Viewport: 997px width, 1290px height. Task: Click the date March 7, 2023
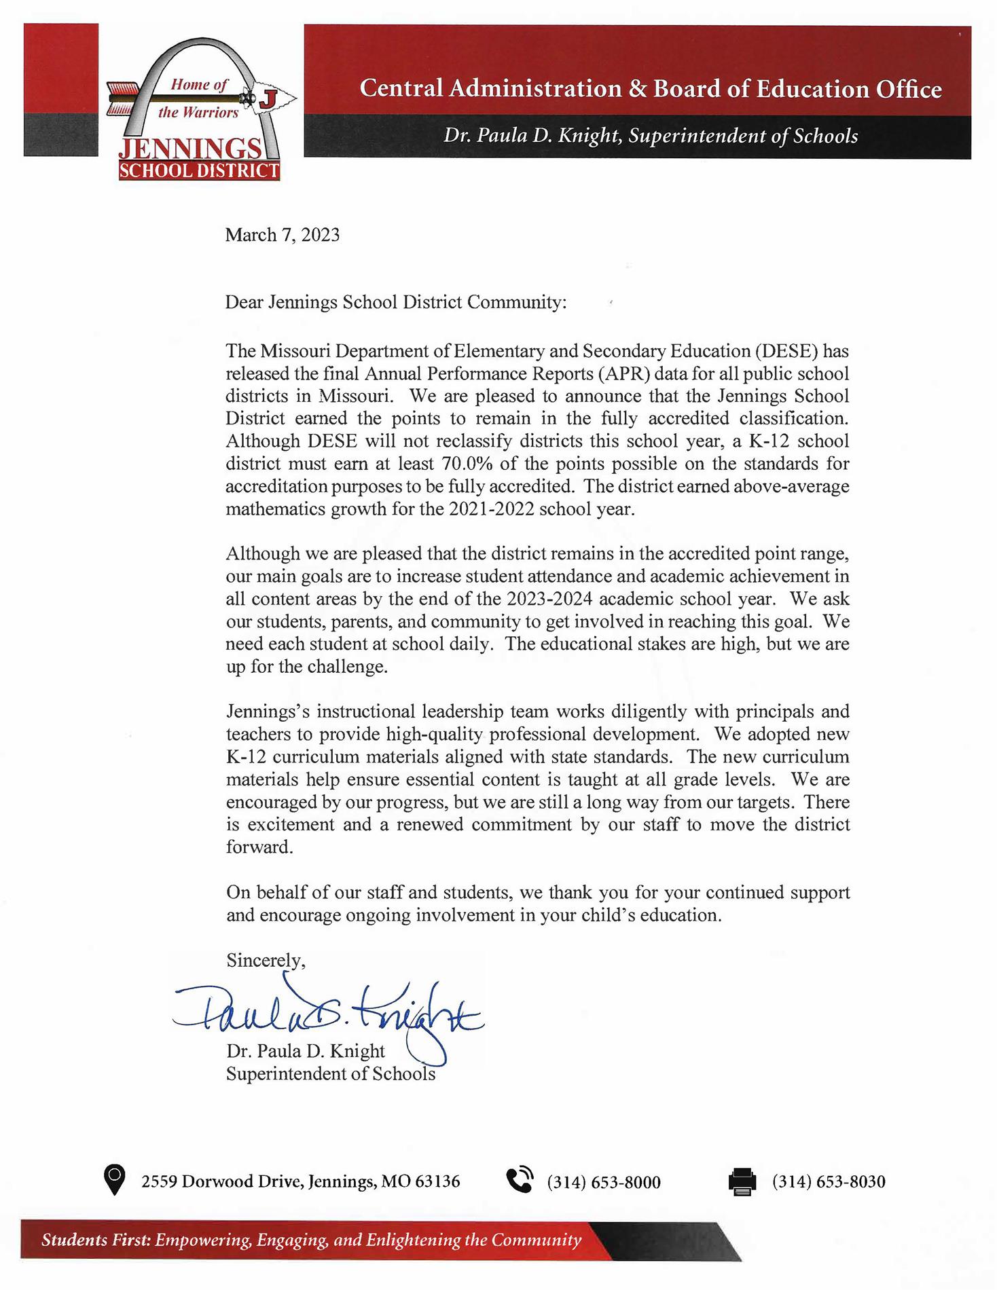click(x=282, y=235)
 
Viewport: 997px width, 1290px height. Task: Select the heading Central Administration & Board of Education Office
click(x=650, y=89)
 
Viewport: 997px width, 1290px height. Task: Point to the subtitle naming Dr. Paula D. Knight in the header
click(x=650, y=136)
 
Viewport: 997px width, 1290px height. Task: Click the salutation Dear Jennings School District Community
click(x=395, y=302)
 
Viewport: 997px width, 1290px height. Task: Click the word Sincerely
click(x=266, y=960)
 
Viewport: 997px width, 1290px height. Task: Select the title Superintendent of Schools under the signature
click(x=330, y=1073)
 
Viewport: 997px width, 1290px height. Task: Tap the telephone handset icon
click(x=520, y=1180)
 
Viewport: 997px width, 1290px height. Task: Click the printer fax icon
click(x=742, y=1181)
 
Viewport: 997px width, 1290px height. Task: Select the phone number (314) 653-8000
click(x=603, y=1182)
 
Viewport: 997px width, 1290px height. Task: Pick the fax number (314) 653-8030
click(x=828, y=1182)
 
